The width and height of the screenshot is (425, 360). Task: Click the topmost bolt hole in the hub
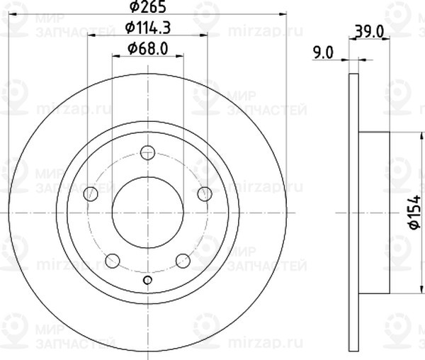[x=147, y=152]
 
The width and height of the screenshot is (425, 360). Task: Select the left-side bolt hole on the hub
[x=90, y=194]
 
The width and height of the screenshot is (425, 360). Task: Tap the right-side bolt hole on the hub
[x=205, y=194]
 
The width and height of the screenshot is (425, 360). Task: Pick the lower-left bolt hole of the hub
[x=112, y=261]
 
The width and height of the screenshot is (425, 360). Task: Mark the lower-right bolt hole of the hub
[x=183, y=261]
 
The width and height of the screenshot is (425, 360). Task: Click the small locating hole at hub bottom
[x=147, y=280]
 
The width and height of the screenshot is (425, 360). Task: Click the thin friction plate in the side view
[x=354, y=212]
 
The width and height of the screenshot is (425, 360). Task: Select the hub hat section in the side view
[x=375, y=212]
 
